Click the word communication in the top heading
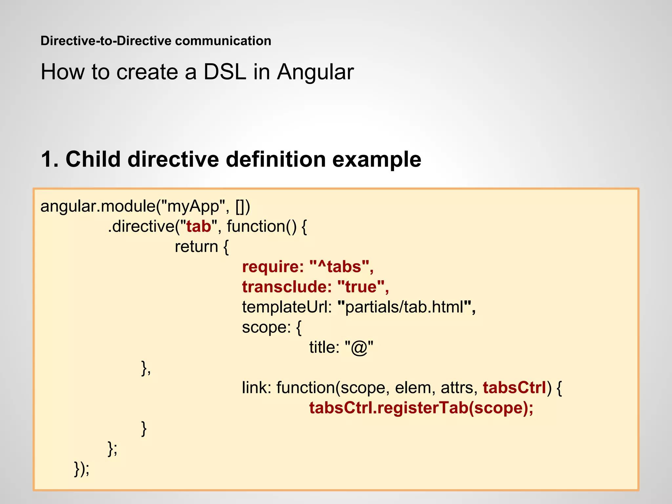[x=223, y=41]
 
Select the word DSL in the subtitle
[x=225, y=72]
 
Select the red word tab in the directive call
[x=199, y=226]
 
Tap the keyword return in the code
[x=196, y=247]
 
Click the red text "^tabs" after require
[x=339, y=267]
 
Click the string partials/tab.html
[x=404, y=307]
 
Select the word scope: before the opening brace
[x=266, y=327]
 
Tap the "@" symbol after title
[x=359, y=347]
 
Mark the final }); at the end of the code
[x=81, y=469]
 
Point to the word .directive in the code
[x=141, y=226]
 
